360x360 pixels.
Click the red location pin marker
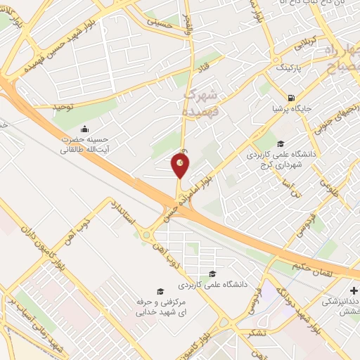[x=181, y=165]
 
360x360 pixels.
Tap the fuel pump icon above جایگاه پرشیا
[x=291, y=98]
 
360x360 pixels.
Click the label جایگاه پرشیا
[x=290, y=110]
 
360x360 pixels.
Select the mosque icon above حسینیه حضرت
[x=85, y=129]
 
